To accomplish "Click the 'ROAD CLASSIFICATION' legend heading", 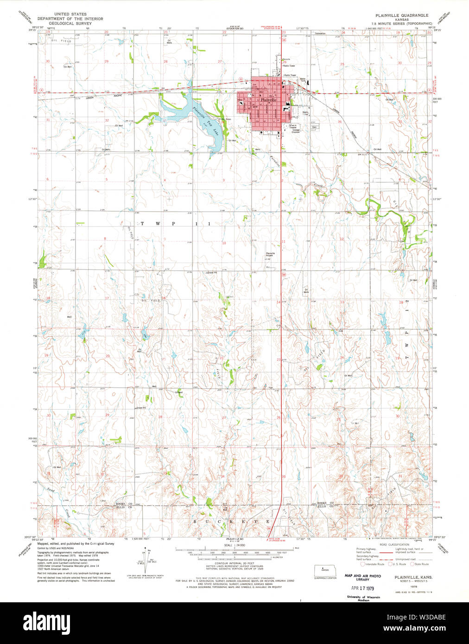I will tap(393, 544).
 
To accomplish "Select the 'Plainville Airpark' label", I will tap(270, 254).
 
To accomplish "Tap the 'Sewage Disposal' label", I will tap(296, 131).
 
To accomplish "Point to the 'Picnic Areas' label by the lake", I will tap(225, 119).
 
